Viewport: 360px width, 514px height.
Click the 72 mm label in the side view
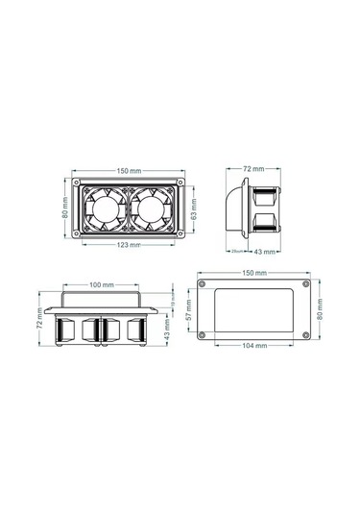point(253,167)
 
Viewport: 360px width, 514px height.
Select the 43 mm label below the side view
point(269,251)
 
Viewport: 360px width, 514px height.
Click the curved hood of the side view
point(237,206)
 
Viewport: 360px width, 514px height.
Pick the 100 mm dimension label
point(102,285)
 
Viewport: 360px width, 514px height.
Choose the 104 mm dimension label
point(255,344)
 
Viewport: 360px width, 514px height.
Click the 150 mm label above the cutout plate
point(254,273)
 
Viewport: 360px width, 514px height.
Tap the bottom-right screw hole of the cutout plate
point(306,333)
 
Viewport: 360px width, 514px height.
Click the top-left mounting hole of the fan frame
point(79,180)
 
